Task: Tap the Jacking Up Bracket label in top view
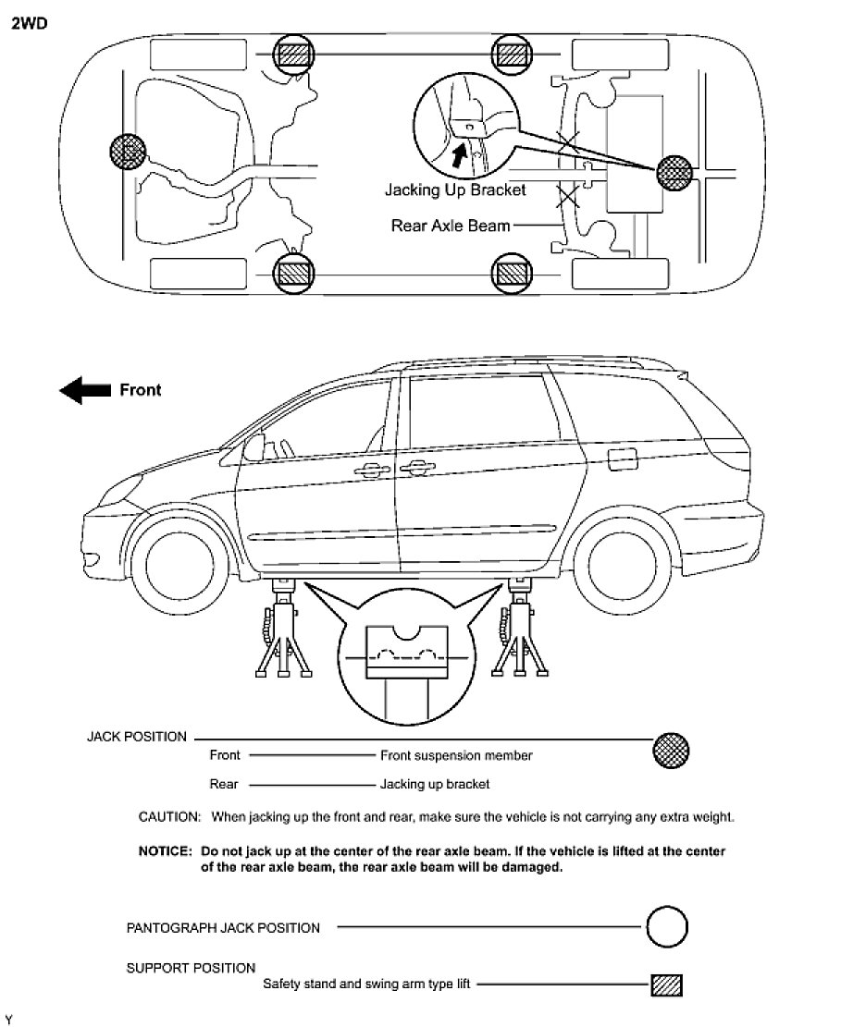pyautogui.click(x=455, y=190)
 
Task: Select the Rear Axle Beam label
pyautogui.click(x=451, y=225)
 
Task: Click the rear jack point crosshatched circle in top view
pyautogui.click(x=674, y=171)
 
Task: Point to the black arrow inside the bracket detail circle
pyautogui.click(x=458, y=152)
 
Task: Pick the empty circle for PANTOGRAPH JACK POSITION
pyautogui.click(x=666, y=927)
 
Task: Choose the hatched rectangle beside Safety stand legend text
pyautogui.click(x=666, y=984)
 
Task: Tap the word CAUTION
pyautogui.click(x=169, y=817)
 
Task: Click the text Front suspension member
pyautogui.click(x=456, y=755)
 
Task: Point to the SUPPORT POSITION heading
pyautogui.click(x=191, y=968)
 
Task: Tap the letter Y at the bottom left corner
pyautogui.click(x=8, y=1019)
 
